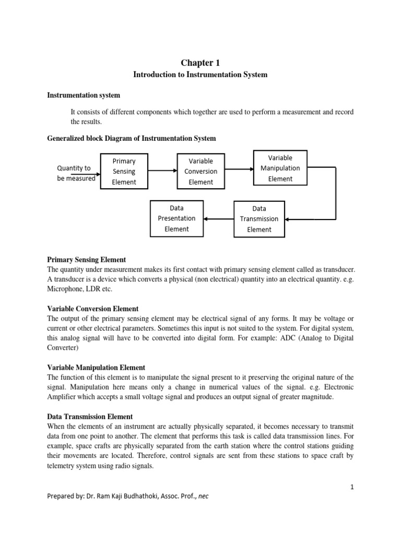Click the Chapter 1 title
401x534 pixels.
[x=200, y=63]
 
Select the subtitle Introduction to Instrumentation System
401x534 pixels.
[x=200, y=75]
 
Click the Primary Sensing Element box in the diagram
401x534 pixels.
[x=124, y=171]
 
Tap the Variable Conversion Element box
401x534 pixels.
[x=201, y=171]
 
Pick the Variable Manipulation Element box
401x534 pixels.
[x=280, y=168]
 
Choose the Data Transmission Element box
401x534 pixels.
[x=259, y=219]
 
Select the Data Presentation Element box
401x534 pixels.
[x=176, y=219]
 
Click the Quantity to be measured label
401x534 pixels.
[x=76, y=173]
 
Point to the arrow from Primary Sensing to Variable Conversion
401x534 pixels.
[x=163, y=171]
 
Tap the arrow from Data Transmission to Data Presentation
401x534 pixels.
[x=218, y=219]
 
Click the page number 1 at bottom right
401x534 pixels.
[x=352, y=487]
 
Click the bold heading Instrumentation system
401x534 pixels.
[x=84, y=95]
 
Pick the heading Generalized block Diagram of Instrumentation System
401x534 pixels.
[x=131, y=138]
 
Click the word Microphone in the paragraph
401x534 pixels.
[x=65, y=289]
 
